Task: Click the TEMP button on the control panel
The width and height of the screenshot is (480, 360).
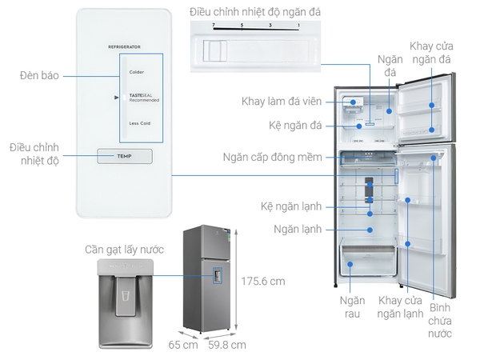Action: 123,156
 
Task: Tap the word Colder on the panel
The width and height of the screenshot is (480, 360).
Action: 136,72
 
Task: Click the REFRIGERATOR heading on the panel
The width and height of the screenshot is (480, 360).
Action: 124,48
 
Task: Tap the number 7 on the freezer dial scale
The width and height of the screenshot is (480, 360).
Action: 214,26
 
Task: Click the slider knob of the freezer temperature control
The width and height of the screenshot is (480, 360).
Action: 214,52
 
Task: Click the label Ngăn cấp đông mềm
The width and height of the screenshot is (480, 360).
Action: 272,157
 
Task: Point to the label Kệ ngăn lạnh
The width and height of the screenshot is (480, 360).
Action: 290,206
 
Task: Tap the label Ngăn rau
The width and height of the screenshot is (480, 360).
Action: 351,307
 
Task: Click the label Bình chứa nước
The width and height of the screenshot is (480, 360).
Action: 440,320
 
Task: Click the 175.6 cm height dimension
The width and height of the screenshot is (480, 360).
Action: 263,282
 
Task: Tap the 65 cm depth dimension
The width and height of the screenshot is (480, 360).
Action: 182,345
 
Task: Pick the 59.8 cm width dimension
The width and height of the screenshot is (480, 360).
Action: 226,345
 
